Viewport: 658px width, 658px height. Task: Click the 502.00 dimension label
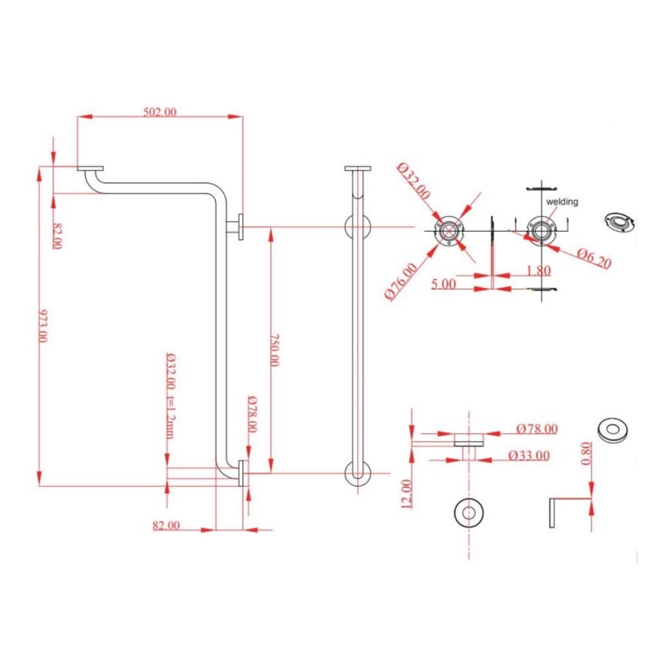point(160,111)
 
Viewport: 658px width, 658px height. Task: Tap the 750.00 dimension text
point(276,349)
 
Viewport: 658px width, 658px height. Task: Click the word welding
point(562,202)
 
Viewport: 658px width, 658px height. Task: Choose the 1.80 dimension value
point(539,271)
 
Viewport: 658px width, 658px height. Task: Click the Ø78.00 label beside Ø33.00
point(537,429)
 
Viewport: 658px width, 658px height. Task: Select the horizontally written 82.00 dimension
point(167,525)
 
